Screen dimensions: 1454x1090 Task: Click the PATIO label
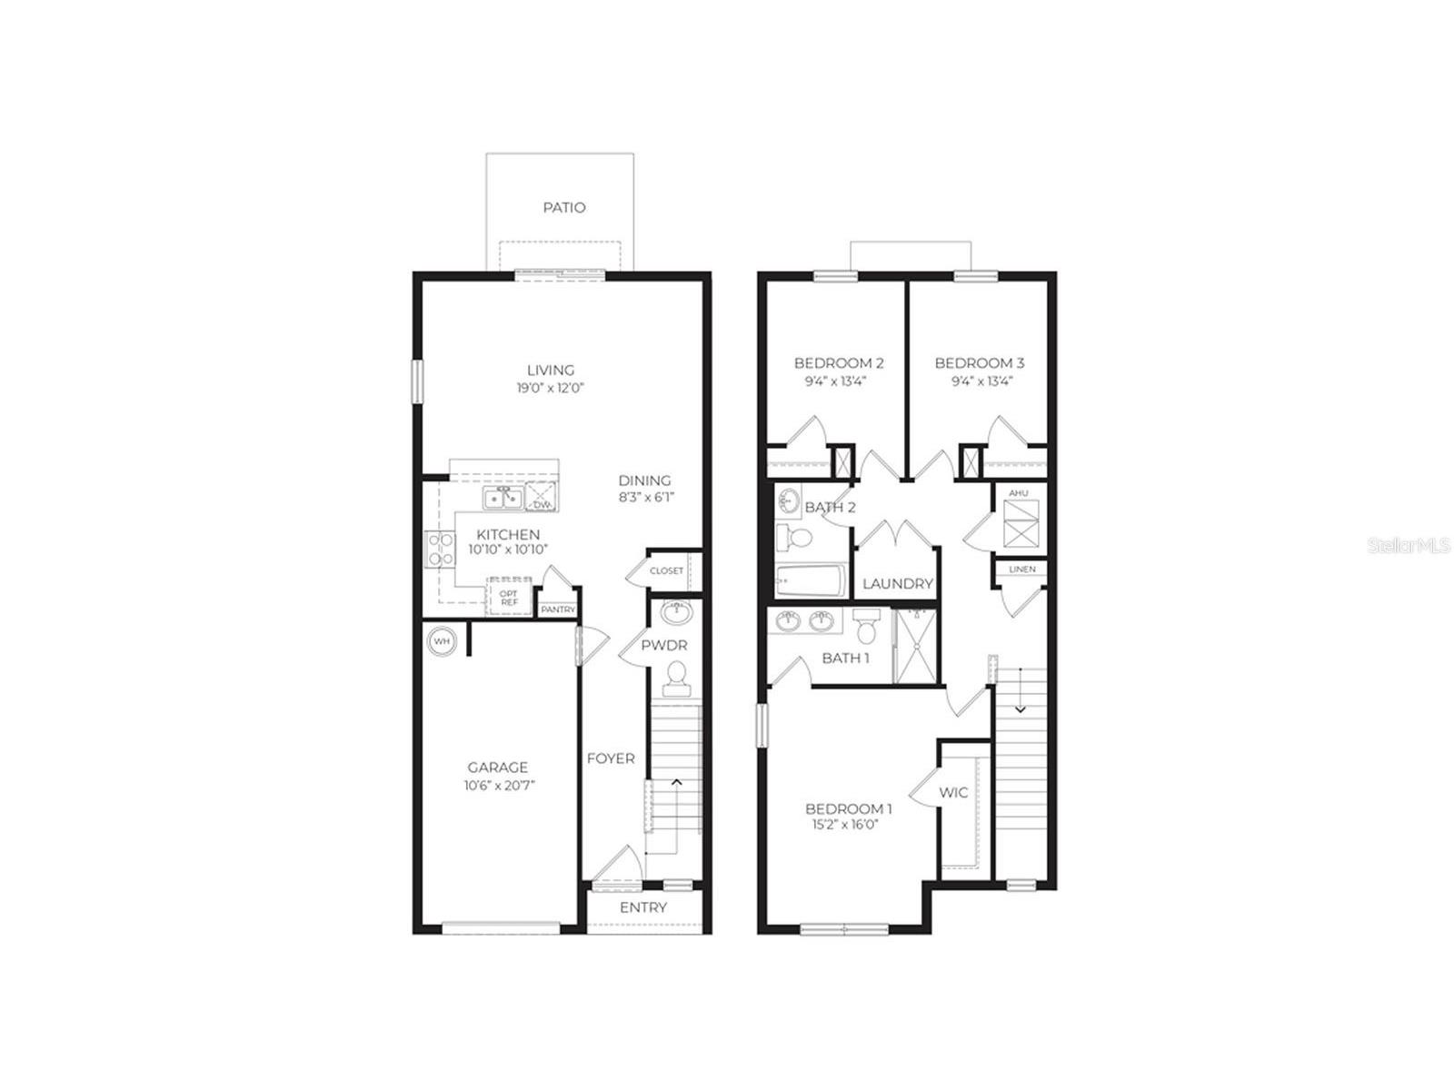pos(563,208)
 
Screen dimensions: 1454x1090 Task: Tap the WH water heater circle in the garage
pos(441,640)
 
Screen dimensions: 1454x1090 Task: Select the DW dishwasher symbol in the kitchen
pos(541,497)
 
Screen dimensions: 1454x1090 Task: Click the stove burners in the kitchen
pos(441,550)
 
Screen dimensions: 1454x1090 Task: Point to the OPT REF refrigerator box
pos(509,598)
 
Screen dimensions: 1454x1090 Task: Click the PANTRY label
pos(558,609)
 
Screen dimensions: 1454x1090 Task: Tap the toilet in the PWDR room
pos(676,679)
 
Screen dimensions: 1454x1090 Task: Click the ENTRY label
pos(642,907)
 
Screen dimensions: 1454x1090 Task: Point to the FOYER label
pos(610,758)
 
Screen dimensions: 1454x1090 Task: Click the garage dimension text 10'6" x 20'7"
pos(499,786)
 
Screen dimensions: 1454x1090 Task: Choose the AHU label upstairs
pos(1018,493)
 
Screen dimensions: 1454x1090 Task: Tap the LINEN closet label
pos(1021,570)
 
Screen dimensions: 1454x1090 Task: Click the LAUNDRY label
pos(898,584)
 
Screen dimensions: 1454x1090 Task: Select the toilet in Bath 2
pos(793,538)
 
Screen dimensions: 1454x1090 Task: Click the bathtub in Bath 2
pos(811,580)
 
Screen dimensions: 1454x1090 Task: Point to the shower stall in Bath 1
pos(915,646)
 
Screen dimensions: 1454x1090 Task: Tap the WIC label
pos(953,792)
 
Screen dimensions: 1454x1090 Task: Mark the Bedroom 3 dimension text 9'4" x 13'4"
pos(982,381)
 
